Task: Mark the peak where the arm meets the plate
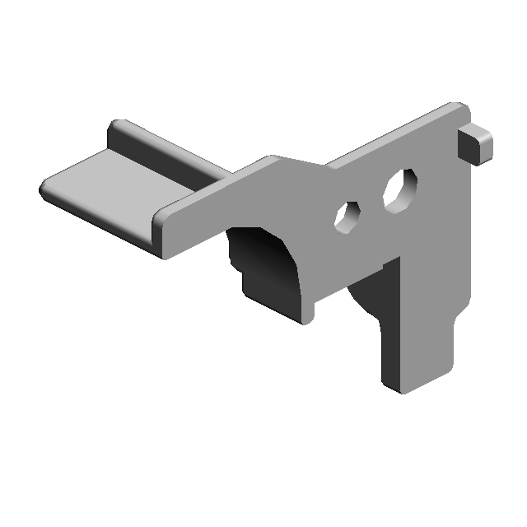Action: tap(272, 158)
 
